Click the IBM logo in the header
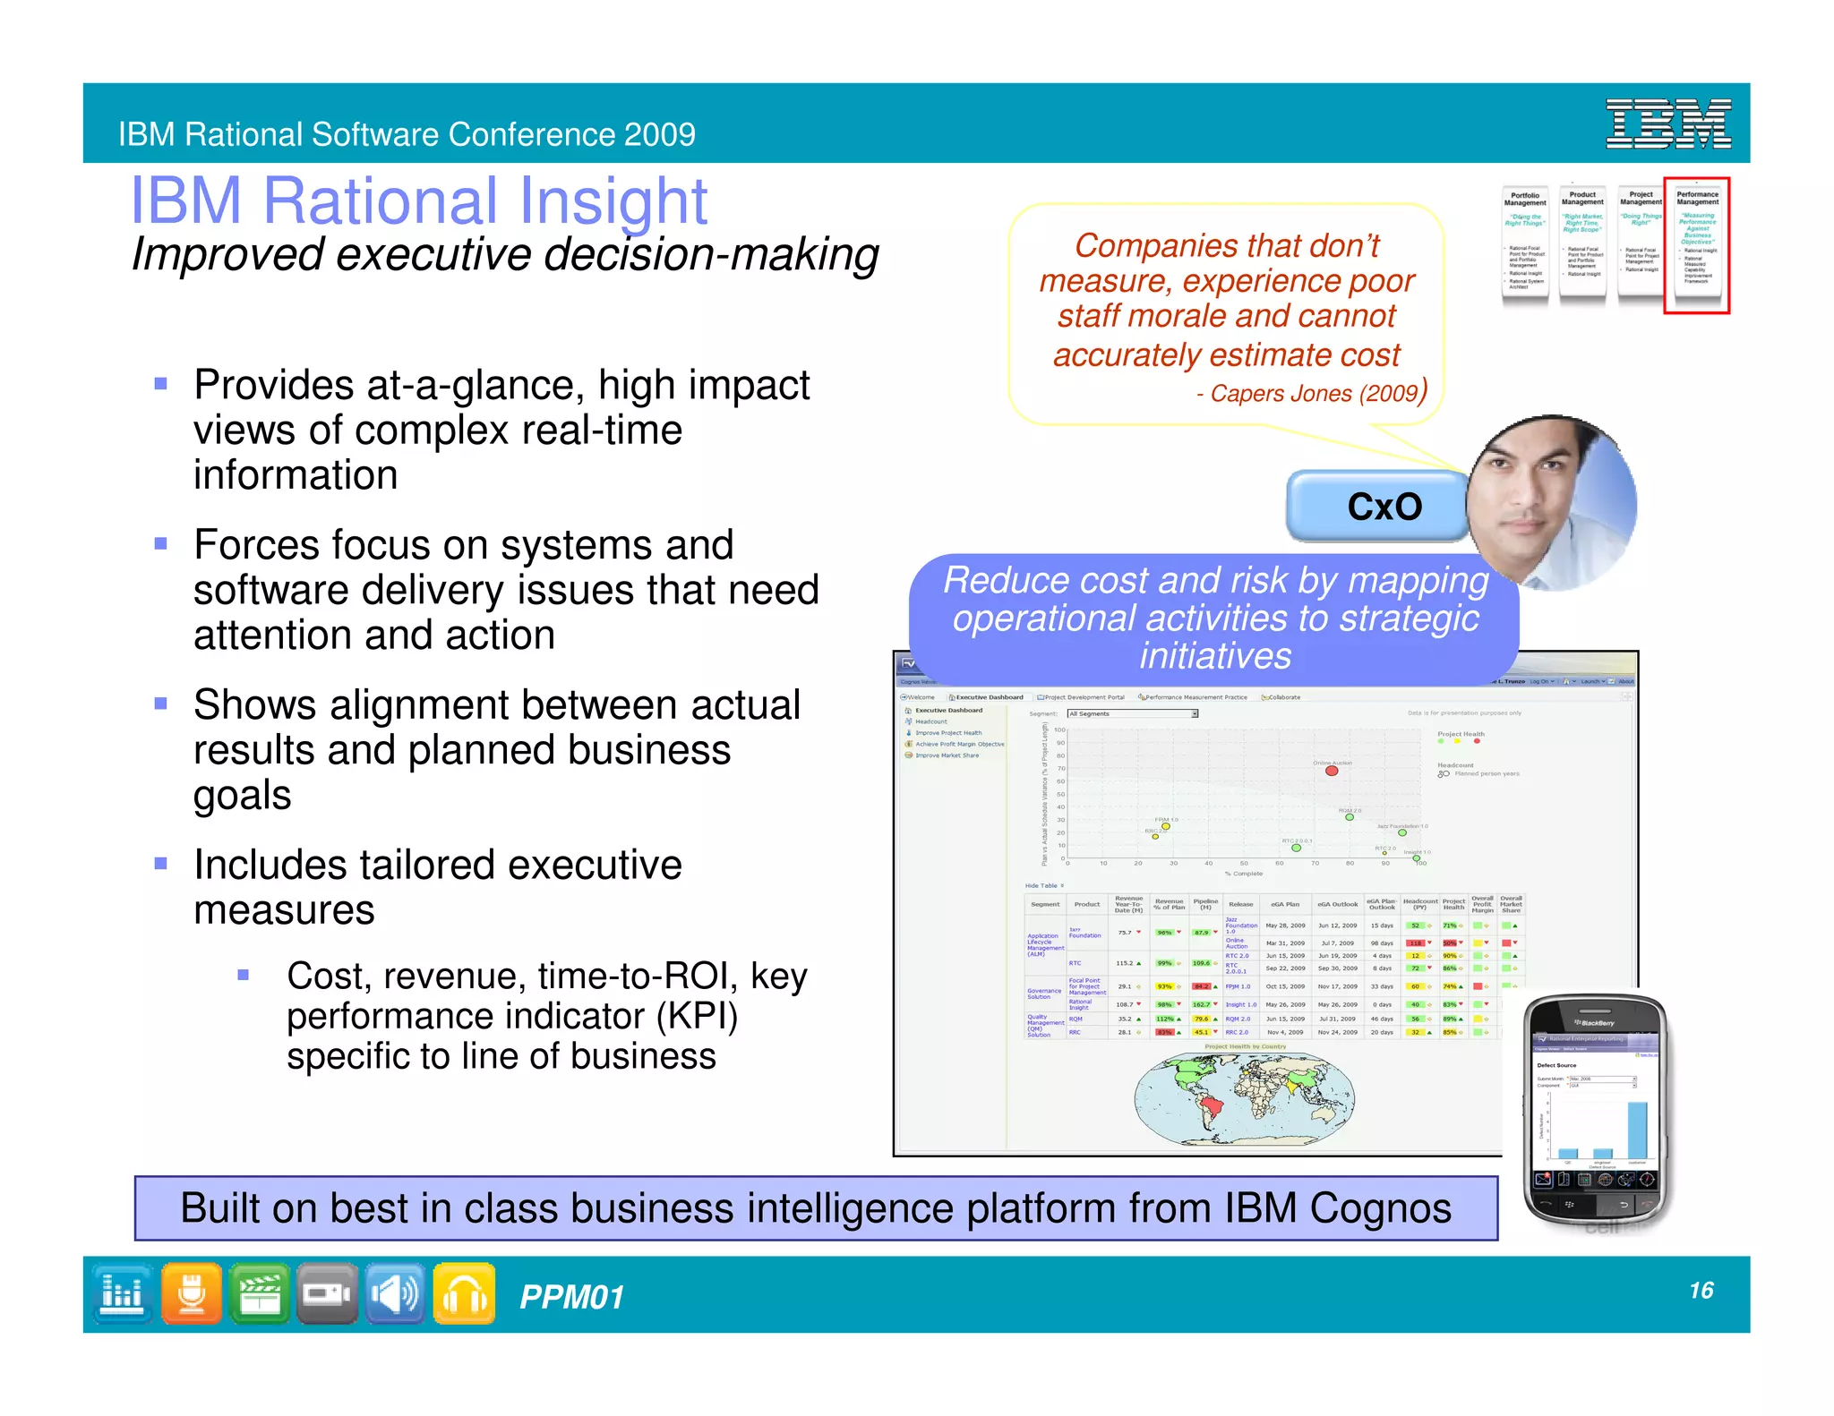click(x=1667, y=124)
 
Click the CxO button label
click(x=1384, y=508)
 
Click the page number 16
click(x=1701, y=1290)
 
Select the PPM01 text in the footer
click(x=571, y=1297)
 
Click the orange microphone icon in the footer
click(x=192, y=1292)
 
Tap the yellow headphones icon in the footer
click(x=464, y=1293)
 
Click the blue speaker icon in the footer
click(x=395, y=1292)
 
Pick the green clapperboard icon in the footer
click(x=260, y=1292)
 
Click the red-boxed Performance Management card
click(x=1696, y=244)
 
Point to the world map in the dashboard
click(x=1244, y=1099)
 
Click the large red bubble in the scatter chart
click(x=1332, y=771)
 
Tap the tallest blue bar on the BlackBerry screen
click(x=1637, y=1130)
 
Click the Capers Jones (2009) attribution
click(x=1312, y=393)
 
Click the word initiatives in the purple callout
click(x=1215, y=656)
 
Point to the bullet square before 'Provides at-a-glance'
click(x=161, y=384)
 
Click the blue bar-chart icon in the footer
click(x=122, y=1292)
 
